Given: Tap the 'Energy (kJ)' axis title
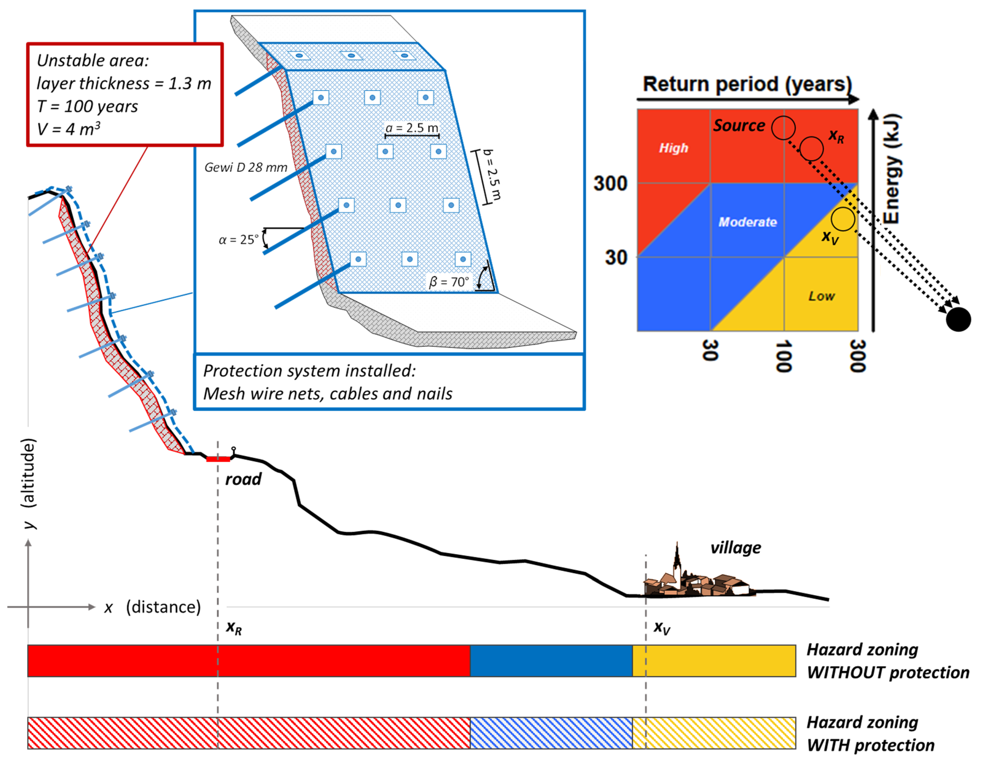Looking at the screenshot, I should tap(892, 169).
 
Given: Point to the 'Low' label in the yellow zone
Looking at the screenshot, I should tap(821, 296).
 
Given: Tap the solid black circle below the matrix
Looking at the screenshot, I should tap(958, 319).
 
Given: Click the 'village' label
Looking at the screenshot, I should tap(736, 548).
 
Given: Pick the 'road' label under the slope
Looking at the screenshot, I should tap(243, 479).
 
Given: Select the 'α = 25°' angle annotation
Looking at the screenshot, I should tap(239, 239).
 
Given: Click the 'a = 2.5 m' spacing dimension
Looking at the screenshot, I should tap(412, 128).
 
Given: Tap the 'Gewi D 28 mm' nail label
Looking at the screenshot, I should tap(246, 168).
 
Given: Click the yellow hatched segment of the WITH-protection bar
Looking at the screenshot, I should tap(714, 733).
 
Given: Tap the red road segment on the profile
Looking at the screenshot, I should tap(218, 459).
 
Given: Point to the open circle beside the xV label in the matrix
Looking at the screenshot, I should tap(842, 219).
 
